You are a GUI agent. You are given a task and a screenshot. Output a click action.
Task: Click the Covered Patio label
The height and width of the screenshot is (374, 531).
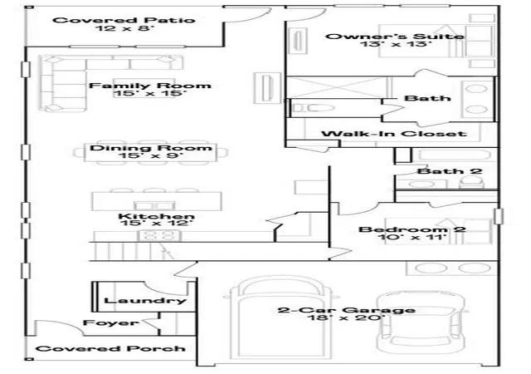pos(124,20)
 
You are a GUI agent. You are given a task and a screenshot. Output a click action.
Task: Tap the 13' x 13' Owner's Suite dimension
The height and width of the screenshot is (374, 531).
pos(396,44)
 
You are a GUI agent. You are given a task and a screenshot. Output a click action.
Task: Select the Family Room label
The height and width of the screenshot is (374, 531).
pos(150,86)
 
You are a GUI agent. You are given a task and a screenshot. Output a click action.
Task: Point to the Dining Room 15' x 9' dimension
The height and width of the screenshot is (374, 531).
pos(151,155)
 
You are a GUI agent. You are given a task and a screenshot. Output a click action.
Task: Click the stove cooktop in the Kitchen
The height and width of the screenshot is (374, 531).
pos(158,235)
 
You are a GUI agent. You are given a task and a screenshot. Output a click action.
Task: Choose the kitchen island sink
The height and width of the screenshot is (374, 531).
pos(155,205)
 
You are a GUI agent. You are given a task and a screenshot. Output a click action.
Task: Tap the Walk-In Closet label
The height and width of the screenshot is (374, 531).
pos(394,134)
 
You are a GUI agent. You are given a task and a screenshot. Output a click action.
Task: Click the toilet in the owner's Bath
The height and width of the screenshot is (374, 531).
pos(313,108)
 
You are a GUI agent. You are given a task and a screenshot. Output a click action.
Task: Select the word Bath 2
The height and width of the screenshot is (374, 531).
pos(450,171)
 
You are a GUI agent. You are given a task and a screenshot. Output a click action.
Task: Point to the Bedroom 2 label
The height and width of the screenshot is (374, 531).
pos(412,229)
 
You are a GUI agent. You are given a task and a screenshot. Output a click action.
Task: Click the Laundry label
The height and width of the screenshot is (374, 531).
pos(145,301)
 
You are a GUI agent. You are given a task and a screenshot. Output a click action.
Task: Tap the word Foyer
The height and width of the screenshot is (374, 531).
pos(110,322)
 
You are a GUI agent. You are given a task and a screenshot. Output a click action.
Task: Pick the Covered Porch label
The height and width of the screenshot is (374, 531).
pos(110,348)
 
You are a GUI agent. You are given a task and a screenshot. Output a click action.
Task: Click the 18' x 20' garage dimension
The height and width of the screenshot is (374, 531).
pos(347,318)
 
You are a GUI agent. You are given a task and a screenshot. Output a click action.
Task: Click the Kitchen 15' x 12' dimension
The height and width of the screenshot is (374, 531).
pos(156,224)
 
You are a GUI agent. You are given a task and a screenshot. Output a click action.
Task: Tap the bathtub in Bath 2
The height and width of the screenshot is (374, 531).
pos(454,155)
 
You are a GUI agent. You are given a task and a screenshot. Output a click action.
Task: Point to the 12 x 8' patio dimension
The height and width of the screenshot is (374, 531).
pos(124,27)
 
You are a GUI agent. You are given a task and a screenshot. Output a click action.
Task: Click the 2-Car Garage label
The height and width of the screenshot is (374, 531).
pos(347,310)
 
